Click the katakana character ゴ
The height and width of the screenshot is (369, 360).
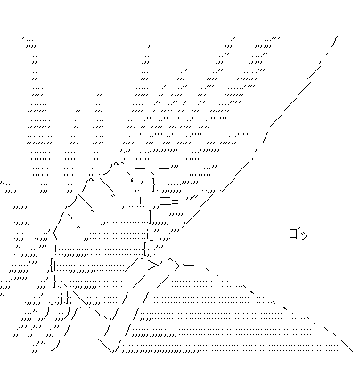[294, 234]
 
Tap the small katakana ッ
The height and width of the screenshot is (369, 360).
[304, 235]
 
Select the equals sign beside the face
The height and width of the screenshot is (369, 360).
[175, 201]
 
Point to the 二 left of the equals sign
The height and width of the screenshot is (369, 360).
[165, 201]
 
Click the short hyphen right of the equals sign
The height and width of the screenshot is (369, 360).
[182, 201]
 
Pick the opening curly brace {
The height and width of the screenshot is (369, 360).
[52, 266]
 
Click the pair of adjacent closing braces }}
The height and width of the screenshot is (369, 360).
[58, 281]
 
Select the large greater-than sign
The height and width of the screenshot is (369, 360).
[153, 266]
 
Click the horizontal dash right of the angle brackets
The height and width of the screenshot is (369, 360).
[189, 265]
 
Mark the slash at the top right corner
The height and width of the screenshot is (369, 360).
[335, 42]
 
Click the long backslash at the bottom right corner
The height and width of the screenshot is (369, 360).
[347, 345]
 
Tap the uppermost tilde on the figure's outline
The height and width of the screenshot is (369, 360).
[118, 163]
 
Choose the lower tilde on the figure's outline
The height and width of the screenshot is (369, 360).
[91, 179]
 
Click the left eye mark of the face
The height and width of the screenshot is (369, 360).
[131, 179]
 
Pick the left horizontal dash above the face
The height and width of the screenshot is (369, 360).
[140, 168]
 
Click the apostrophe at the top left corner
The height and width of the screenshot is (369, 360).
[23, 38]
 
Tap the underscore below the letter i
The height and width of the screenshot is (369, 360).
[151, 240]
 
